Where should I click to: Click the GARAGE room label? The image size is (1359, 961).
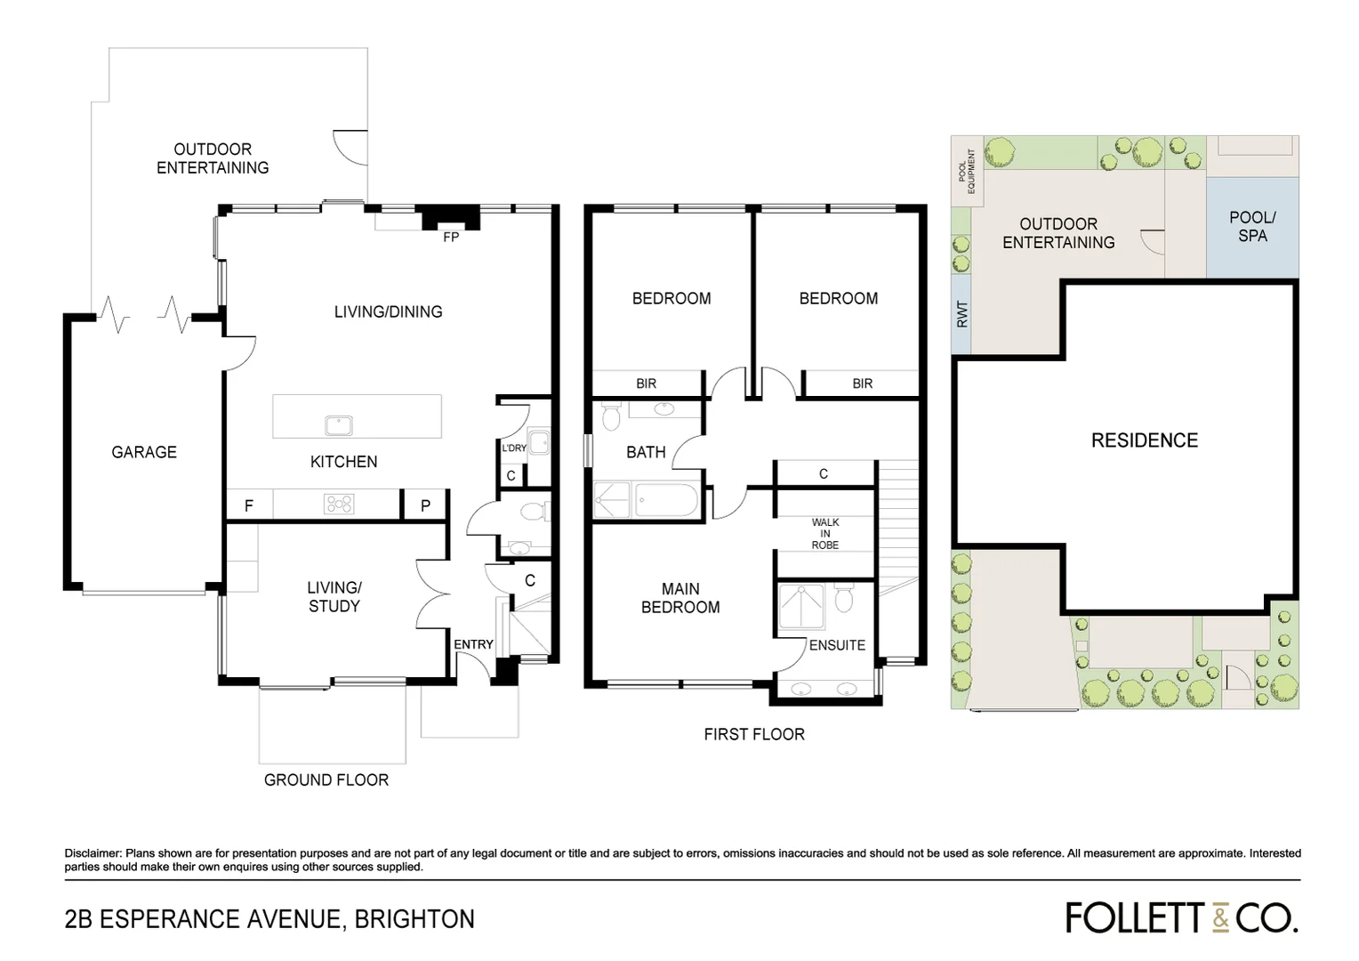click(144, 452)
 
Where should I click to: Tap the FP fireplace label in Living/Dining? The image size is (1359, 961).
click(451, 238)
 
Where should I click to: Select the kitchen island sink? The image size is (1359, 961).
click(339, 425)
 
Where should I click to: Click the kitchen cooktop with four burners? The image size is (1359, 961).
click(340, 505)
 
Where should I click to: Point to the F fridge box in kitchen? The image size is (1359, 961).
click(249, 505)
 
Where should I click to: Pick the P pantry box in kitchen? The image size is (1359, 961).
click(425, 505)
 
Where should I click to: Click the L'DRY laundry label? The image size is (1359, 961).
click(513, 448)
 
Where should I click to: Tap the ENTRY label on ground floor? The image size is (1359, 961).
click(473, 644)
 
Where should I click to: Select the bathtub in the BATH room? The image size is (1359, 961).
click(665, 500)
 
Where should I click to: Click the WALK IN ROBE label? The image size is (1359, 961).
click(824, 534)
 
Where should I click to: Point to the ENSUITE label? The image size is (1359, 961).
click(837, 645)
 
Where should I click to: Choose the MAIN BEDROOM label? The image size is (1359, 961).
click(680, 598)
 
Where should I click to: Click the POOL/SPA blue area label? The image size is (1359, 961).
click(1252, 227)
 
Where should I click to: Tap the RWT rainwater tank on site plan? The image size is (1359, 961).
click(961, 314)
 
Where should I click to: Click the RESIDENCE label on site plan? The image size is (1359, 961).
click(1145, 440)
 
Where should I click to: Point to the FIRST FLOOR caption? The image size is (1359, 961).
click(754, 734)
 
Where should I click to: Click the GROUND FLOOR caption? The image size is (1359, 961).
click(326, 779)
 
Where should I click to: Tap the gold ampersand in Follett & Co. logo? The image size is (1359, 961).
click(1220, 918)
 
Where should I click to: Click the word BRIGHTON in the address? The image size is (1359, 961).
click(414, 919)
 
